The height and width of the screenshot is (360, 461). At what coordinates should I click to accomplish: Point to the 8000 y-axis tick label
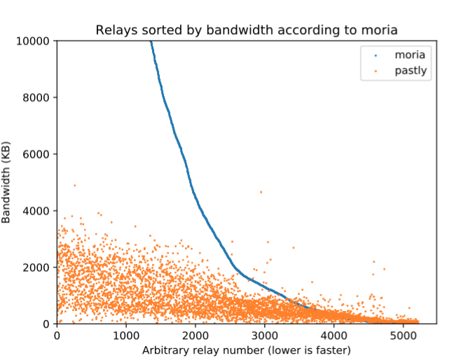click(x=36, y=97)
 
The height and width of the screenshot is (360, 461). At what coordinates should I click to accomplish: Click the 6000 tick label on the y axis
click(x=36, y=154)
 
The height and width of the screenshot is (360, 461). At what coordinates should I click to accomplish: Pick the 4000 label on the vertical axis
click(x=36, y=211)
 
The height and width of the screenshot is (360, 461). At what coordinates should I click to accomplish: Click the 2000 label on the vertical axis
click(x=36, y=268)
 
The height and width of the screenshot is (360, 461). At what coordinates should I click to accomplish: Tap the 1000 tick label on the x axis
click(x=126, y=335)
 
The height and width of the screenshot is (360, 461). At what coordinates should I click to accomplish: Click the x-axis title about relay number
click(x=246, y=349)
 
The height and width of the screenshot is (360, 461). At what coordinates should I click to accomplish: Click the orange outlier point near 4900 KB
click(x=74, y=186)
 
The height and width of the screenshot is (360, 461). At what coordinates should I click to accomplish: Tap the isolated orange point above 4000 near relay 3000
click(x=261, y=192)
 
